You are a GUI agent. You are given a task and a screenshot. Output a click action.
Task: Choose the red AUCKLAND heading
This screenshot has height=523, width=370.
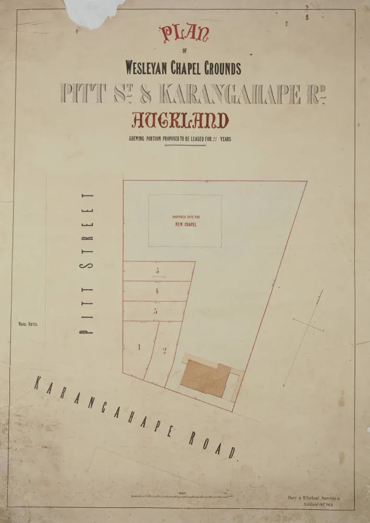(180, 121)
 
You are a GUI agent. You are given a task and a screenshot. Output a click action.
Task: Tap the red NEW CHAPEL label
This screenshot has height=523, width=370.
(186, 225)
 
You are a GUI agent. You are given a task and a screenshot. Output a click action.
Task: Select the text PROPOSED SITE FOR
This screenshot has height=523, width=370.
(186, 217)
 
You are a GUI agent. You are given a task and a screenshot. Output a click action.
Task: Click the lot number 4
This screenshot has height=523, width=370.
(157, 291)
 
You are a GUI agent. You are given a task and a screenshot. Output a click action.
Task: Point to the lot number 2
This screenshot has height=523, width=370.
(164, 351)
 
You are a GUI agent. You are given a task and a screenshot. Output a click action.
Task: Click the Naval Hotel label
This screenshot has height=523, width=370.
(28, 324)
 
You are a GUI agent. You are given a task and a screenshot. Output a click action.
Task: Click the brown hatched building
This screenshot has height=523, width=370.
(205, 378)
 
